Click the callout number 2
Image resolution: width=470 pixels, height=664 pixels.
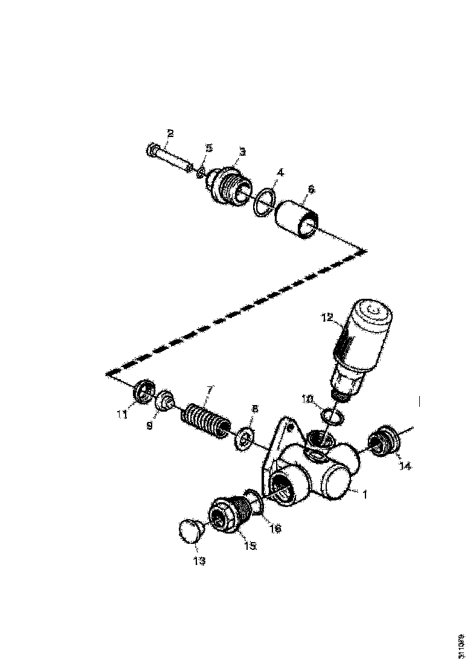click(x=170, y=133)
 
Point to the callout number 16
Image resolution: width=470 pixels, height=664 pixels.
click(x=275, y=529)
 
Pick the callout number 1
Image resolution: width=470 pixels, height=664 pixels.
click(x=364, y=493)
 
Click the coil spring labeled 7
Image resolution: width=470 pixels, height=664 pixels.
click(x=205, y=417)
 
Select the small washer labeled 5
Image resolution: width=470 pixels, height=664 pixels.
click(x=201, y=173)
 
